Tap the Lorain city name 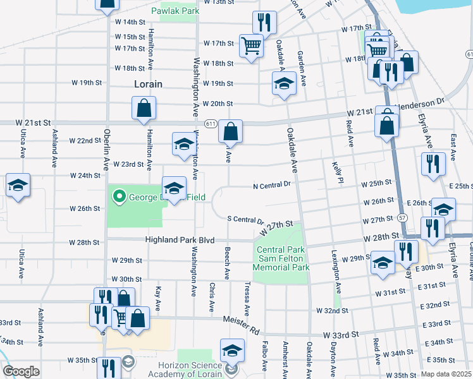[149, 84]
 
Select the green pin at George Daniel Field [118, 196]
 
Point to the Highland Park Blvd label [181, 240]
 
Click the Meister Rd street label [242, 325]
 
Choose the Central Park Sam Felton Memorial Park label [282, 259]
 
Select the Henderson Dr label [421, 103]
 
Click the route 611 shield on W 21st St [210, 123]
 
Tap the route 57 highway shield [402, 217]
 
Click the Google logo [21, 371]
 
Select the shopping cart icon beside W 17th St [251, 45]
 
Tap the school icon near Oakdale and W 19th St [284, 83]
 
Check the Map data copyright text [446, 374]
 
